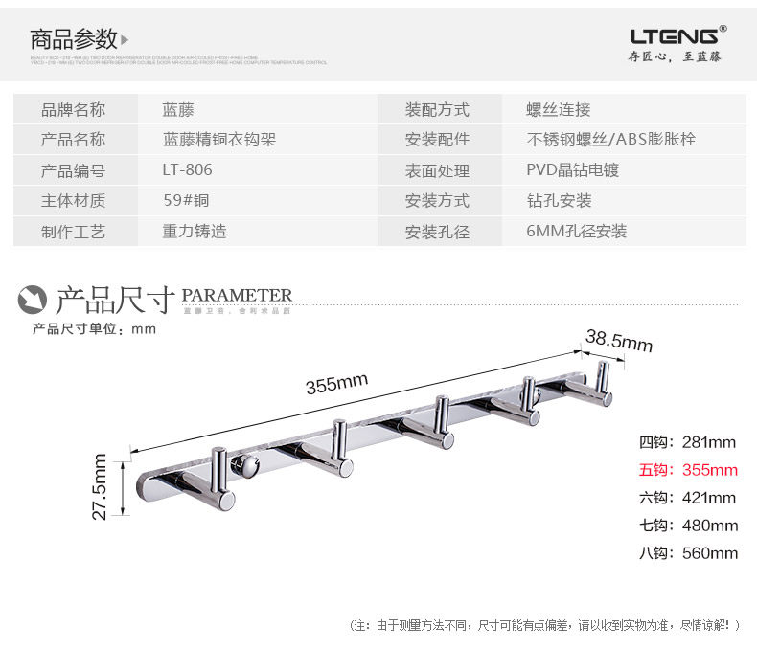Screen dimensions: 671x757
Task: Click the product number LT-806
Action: click(187, 170)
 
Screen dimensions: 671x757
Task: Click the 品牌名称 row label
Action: click(73, 109)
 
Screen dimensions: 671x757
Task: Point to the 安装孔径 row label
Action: click(437, 232)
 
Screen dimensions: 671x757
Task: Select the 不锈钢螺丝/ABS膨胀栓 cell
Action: click(610, 140)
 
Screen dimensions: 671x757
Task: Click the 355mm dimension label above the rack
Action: click(336, 383)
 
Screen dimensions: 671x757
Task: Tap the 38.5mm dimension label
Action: click(618, 341)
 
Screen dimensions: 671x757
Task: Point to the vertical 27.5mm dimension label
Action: click(100, 486)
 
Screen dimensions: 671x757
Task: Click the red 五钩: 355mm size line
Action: click(688, 470)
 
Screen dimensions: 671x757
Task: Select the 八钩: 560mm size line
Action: click(688, 553)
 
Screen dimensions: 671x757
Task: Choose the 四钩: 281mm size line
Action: click(687, 442)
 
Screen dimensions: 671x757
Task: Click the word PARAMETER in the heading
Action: click(237, 295)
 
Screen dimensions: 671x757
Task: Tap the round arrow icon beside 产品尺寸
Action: click(34, 300)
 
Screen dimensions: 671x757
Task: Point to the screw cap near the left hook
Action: click(247, 468)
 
